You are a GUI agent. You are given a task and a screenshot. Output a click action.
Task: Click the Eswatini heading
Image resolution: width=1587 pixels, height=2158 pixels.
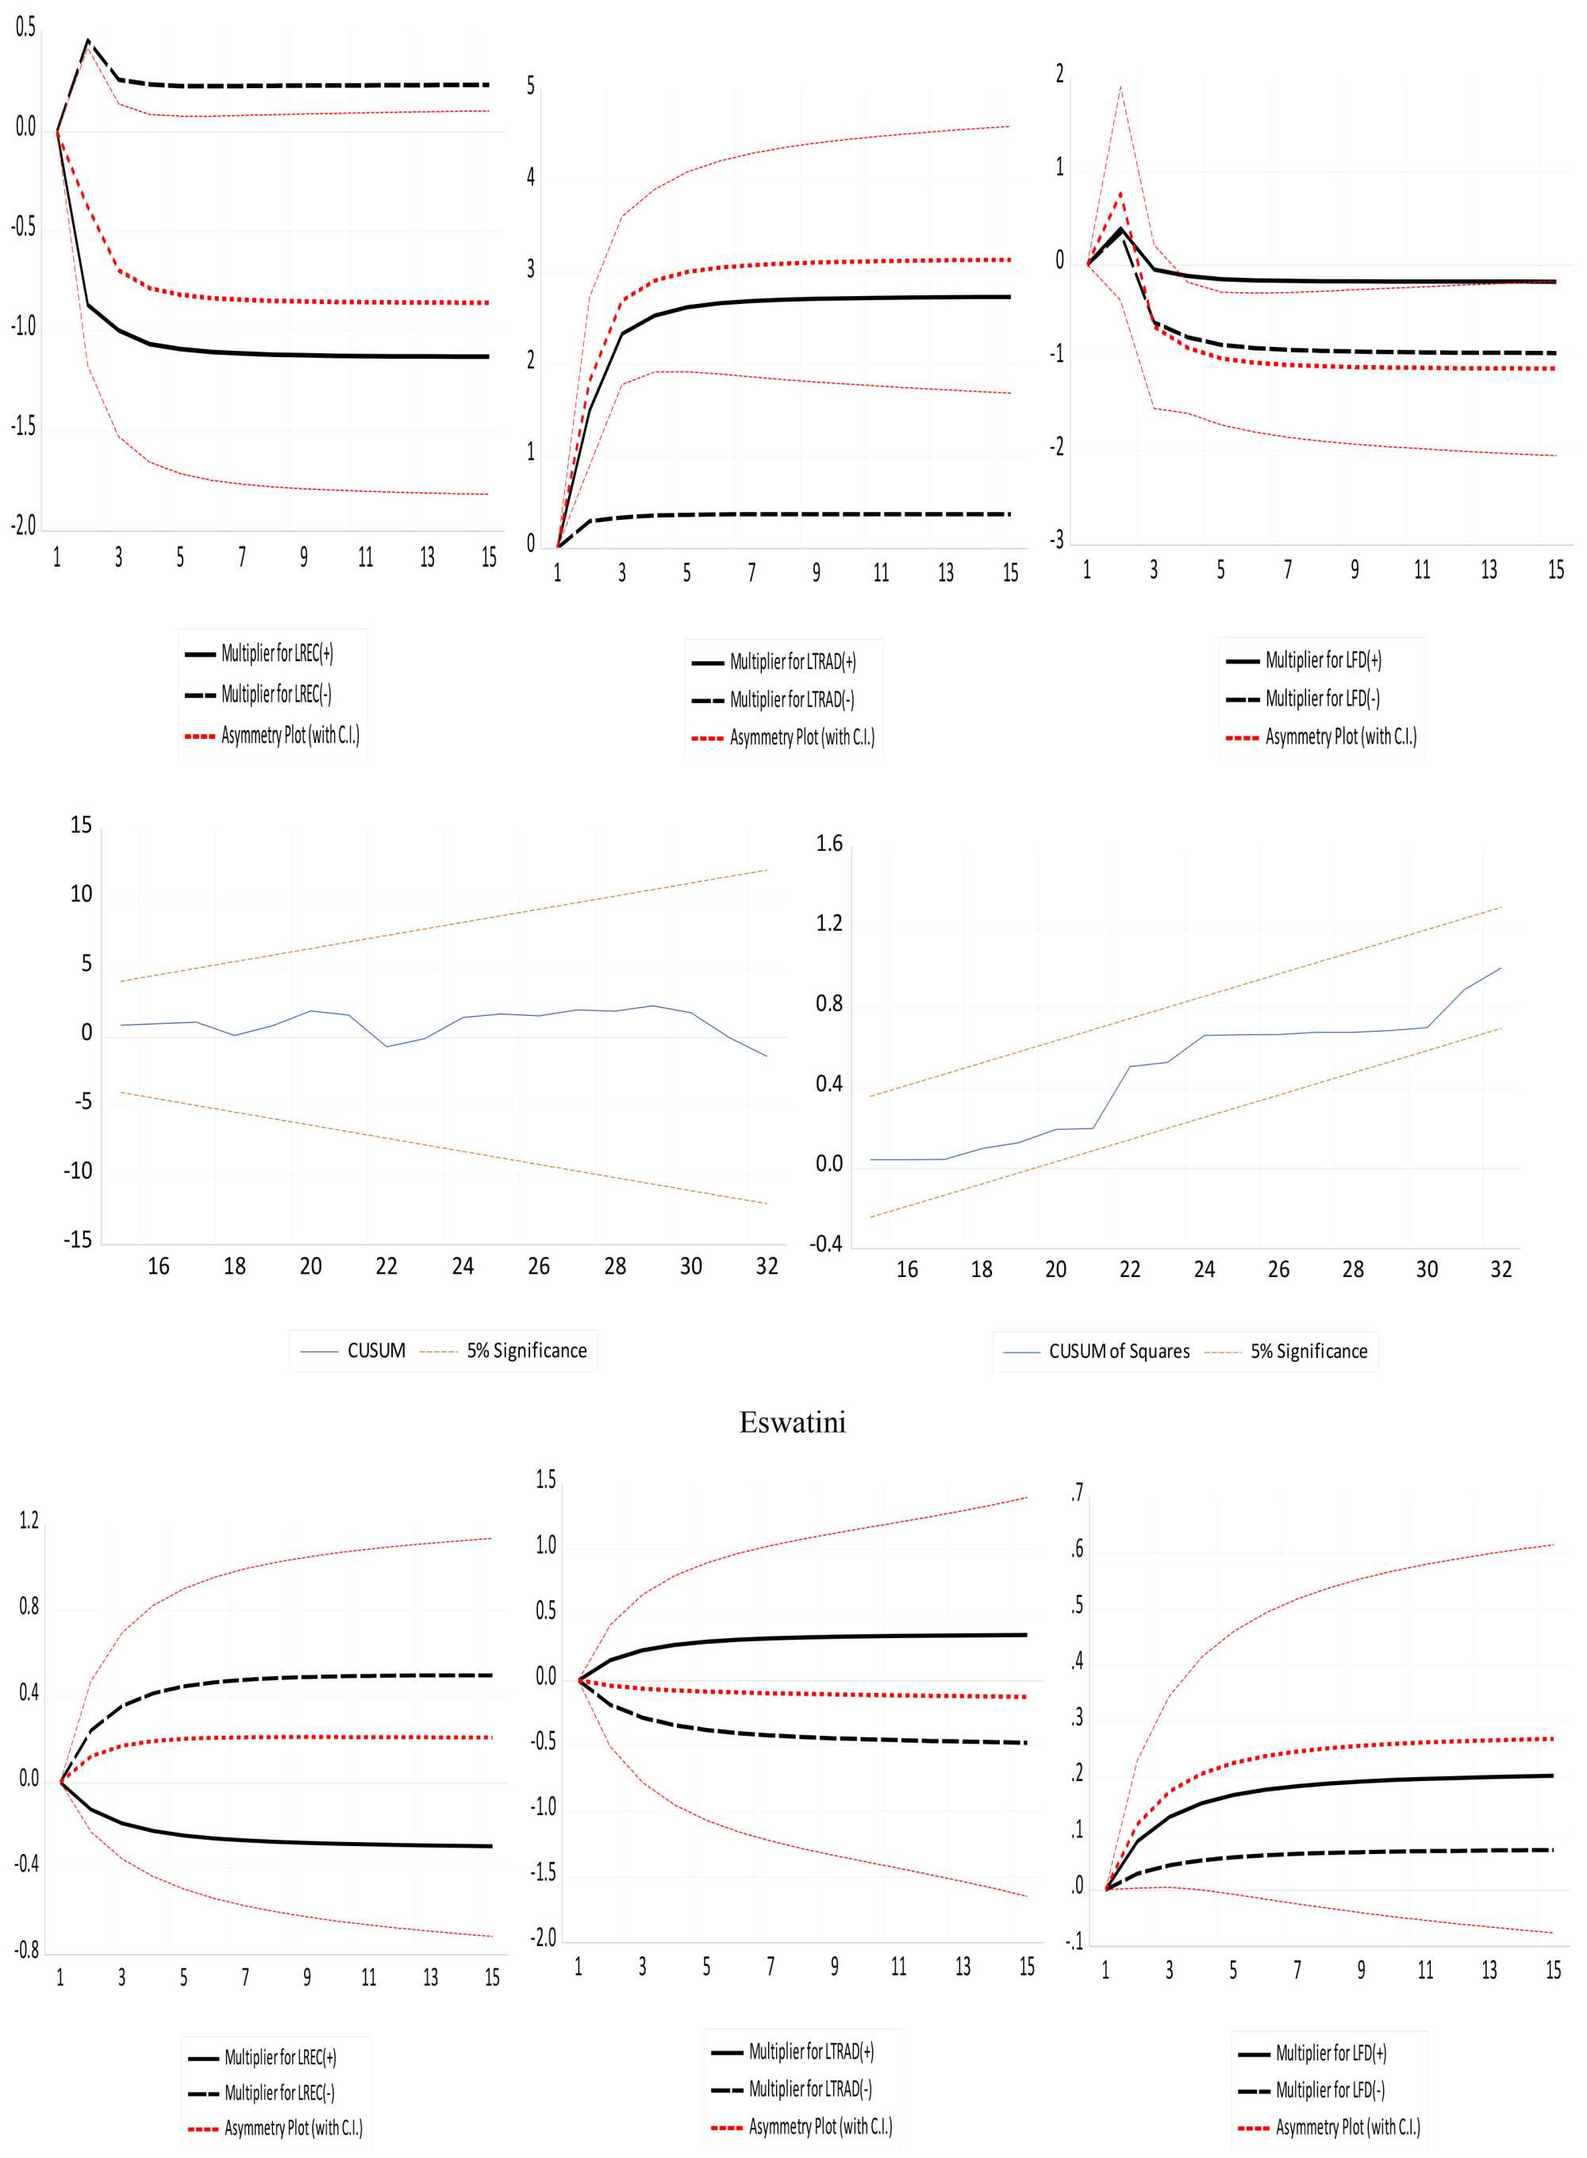[x=793, y=1422]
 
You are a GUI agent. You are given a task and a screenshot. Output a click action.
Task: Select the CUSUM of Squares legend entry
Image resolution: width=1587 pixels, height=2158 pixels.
[x=1118, y=1351]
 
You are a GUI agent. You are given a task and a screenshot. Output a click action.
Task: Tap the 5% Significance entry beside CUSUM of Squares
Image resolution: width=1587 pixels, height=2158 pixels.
[x=1308, y=1351]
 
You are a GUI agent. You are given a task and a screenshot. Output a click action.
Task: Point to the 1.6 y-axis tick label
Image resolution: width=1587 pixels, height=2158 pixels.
[x=829, y=844]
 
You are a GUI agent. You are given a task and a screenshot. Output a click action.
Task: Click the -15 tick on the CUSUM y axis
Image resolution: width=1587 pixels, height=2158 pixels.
[x=78, y=1241]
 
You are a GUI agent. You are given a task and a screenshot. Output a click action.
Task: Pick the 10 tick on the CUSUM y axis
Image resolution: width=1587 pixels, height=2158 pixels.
[x=81, y=894]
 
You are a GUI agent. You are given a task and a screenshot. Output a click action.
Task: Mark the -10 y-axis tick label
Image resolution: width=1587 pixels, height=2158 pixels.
[x=78, y=1171]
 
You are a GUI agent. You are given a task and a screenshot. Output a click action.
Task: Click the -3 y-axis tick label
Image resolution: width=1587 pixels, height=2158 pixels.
[x=1056, y=540]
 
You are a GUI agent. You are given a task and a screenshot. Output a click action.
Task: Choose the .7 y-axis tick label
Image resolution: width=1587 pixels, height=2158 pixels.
[x=1077, y=1492]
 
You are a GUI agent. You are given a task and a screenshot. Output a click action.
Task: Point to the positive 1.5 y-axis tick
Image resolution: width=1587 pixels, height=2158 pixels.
[x=546, y=1479]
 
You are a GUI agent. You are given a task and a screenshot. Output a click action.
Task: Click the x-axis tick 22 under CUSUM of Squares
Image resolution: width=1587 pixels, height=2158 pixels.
[x=1130, y=1270]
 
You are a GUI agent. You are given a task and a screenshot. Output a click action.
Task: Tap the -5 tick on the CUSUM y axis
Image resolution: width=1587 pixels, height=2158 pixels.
[x=83, y=1102]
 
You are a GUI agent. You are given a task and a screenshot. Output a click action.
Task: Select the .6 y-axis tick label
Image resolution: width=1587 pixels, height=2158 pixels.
[x=1077, y=1548]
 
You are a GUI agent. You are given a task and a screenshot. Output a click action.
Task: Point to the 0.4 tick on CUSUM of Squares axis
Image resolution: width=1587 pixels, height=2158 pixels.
[x=829, y=1085]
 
